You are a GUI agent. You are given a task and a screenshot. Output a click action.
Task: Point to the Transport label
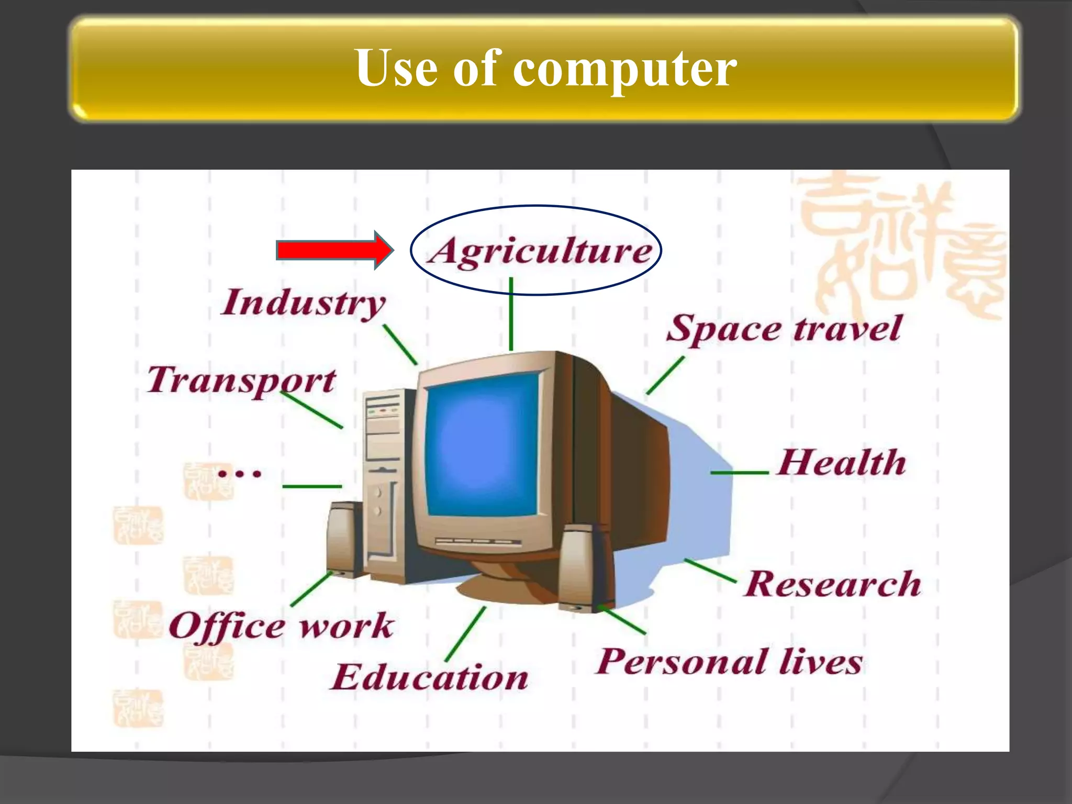point(241,380)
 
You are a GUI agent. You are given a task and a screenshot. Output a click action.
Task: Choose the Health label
point(841,463)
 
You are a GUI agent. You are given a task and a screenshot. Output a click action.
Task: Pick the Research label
point(832,584)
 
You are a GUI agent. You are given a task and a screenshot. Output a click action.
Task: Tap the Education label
point(429,677)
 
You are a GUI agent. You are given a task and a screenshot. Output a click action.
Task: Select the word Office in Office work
point(227,626)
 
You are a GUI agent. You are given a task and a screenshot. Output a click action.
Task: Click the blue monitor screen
point(482,445)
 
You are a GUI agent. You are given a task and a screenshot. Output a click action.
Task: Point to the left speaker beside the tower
point(342,539)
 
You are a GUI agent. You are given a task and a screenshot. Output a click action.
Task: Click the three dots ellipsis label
point(239,474)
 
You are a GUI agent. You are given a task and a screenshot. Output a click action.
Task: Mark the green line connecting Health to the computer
point(739,473)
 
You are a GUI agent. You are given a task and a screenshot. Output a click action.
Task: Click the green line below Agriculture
point(511,314)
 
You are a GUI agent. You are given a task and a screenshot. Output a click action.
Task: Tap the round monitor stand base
point(502,589)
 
